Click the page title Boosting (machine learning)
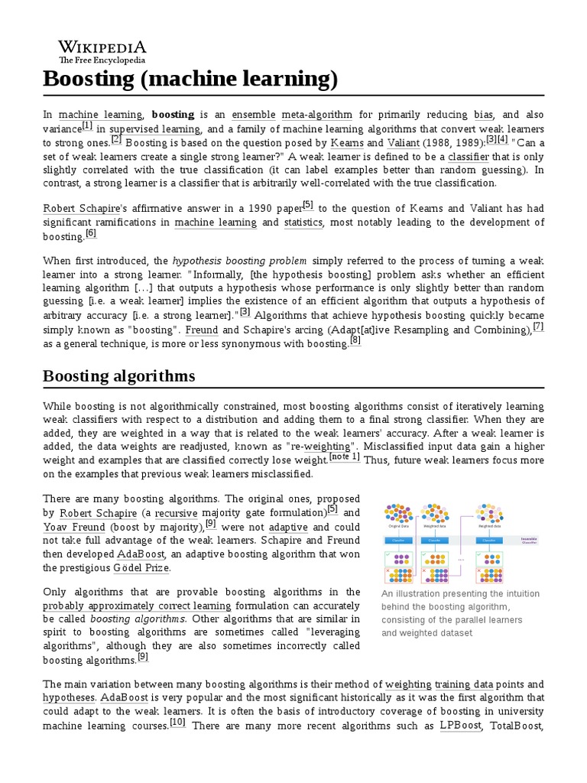(190, 80)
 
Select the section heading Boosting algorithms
(118, 375)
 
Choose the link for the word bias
(484, 115)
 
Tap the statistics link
(303, 223)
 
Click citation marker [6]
(91, 233)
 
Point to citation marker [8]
(355, 340)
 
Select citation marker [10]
(177, 721)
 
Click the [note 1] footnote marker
(344, 456)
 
